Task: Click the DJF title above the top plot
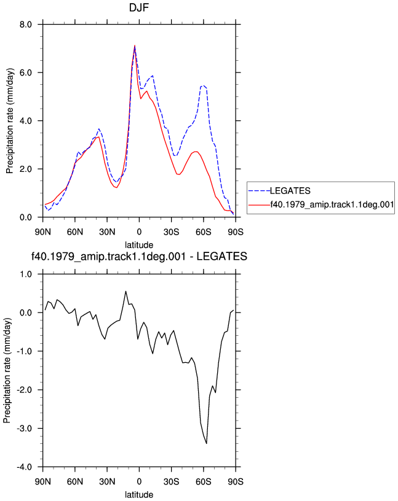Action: coord(138,7)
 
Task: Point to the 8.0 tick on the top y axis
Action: coord(25,25)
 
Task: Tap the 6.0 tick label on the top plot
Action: coord(25,72)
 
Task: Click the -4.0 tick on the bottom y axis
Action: coord(25,467)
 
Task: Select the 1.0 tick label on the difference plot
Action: coord(25,274)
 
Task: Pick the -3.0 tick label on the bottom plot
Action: coord(25,428)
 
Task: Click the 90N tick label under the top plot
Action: coord(42,231)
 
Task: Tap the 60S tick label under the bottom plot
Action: coord(204,481)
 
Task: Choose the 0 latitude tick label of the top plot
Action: coord(139,231)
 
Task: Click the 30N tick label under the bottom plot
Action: coord(107,481)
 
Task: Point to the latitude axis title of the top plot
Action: coord(139,245)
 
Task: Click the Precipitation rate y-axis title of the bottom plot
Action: coord(7,370)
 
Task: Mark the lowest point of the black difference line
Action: coord(207,443)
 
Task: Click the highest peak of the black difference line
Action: coord(125,291)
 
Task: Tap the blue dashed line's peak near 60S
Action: coord(202,85)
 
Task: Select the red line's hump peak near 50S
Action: coord(196,152)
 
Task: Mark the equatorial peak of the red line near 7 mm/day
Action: coord(135,45)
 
